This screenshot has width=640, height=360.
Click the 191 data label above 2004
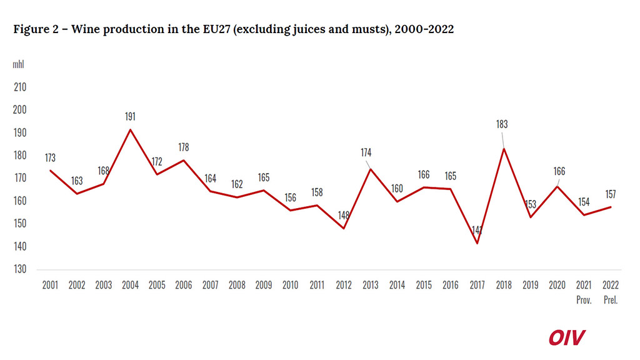point(130,116)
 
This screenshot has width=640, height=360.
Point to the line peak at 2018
point(504,148)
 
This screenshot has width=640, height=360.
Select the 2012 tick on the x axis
point(344,285)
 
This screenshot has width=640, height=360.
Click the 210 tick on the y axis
point(19,87)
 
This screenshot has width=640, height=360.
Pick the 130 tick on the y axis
point(19,269)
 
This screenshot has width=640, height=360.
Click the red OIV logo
point(567,337)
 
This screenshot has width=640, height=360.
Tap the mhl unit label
point(19,64)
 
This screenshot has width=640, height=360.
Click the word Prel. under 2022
point(611,300)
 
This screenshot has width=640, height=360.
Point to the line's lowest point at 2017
point(477,243)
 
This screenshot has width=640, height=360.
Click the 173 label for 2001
point(50,157)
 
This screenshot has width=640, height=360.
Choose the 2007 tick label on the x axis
point(211,285)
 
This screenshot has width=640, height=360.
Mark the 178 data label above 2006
point(183,147)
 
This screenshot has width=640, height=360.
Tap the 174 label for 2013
point(366,152)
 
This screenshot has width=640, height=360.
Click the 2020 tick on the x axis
point(557,285)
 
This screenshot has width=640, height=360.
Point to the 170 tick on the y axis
point(19,178)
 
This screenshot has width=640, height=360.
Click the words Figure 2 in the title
point(36,30)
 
